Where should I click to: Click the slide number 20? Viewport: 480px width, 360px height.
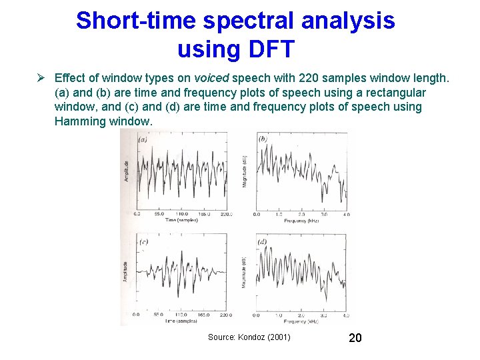point(355,338)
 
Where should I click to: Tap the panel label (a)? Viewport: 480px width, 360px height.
point(143,140)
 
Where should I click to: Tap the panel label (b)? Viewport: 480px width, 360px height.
point(263,139)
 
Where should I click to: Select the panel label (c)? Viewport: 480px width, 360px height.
point(143,242)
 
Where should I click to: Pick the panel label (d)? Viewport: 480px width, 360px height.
point(263,241)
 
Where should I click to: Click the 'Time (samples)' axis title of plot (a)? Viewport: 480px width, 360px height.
point(181,219)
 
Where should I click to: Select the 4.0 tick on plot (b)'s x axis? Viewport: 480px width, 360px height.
point(345,214)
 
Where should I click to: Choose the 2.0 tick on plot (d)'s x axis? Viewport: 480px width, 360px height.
point(301,315)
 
